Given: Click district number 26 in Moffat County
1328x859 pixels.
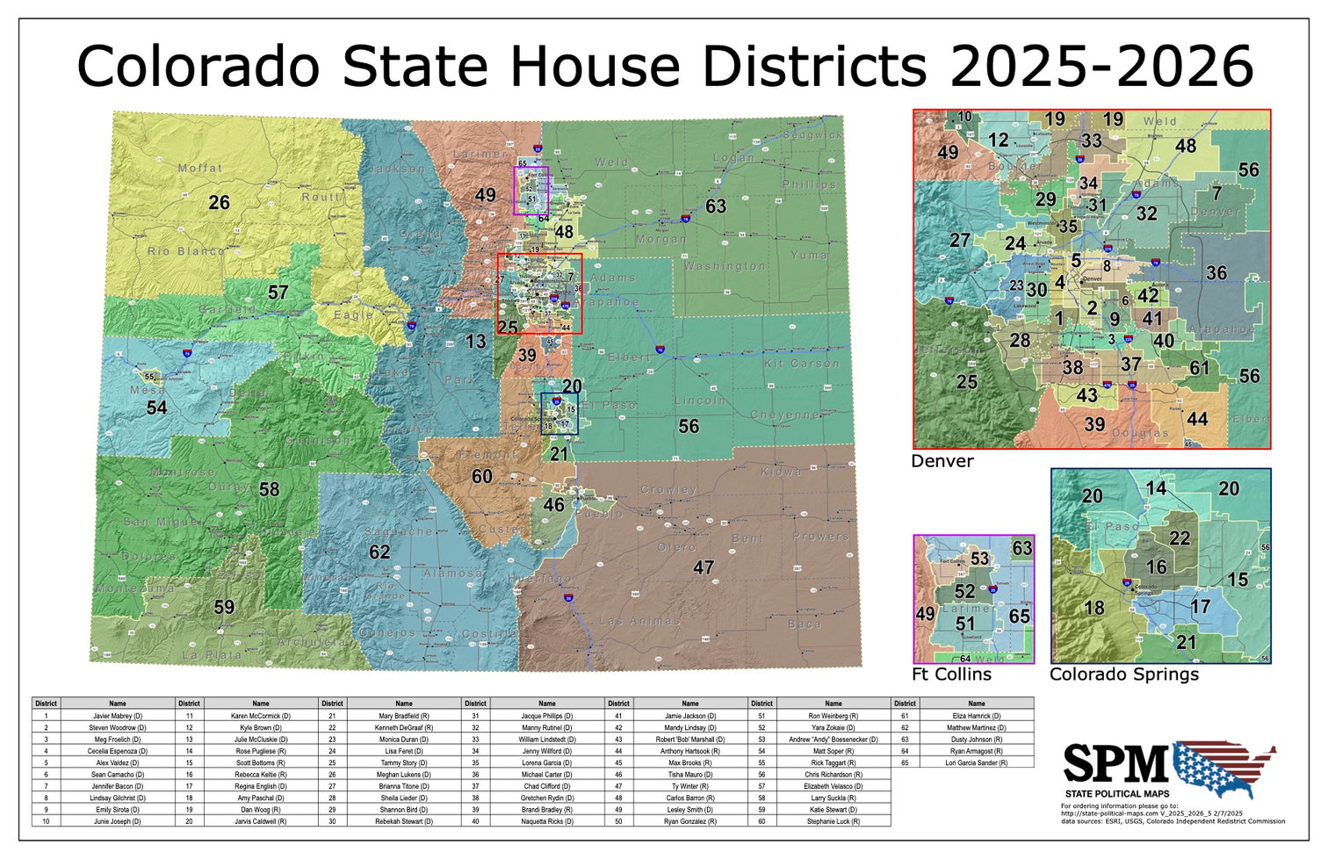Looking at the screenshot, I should tap(219, 203).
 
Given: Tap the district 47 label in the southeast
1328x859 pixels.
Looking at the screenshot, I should tap(703, 567).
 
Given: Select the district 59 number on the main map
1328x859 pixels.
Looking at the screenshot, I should tap(224, 607).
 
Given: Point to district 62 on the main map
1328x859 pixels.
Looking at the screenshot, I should tap(379, 552).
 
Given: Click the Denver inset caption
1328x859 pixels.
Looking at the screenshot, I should tap(942, 461).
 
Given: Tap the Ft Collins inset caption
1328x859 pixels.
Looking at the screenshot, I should tap(951, 675).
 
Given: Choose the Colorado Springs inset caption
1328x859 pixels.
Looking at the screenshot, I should tap(1123, 675).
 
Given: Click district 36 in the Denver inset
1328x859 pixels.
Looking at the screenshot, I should tap(1216, 273).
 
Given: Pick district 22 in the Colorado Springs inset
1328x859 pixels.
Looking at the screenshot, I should tap(1180, 538).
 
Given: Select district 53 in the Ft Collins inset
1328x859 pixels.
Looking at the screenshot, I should tap(979, 559).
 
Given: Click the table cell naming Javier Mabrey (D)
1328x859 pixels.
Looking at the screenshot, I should tap(118, 716).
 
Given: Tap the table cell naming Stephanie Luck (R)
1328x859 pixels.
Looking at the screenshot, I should tap(834, 821).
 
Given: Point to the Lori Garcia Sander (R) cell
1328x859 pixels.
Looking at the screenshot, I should tap(977, 762).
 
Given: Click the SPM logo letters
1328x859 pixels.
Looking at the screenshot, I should tap(1116, 763).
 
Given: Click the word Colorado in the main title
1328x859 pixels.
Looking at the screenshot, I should tap(198, 66).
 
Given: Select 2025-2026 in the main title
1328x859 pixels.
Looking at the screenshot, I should tap(1101, 66).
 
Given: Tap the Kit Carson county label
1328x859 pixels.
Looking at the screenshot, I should tap(801, 364).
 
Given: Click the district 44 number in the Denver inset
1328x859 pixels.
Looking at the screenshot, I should tap(1197, 420).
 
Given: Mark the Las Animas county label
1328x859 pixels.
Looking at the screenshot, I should tap(639, 621).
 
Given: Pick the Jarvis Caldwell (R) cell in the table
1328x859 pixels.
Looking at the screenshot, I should tap(261, 821).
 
